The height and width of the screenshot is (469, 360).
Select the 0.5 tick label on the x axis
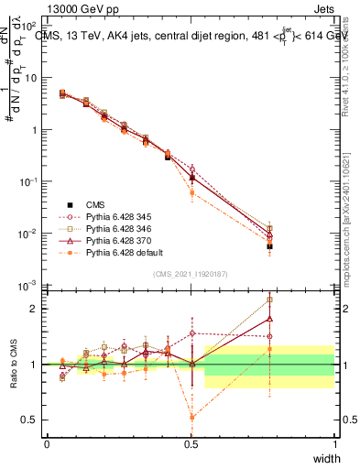tap(191, 443)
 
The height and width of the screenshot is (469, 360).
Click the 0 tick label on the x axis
tap(48, 443)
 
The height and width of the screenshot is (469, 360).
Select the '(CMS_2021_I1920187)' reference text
tap(191, 274)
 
